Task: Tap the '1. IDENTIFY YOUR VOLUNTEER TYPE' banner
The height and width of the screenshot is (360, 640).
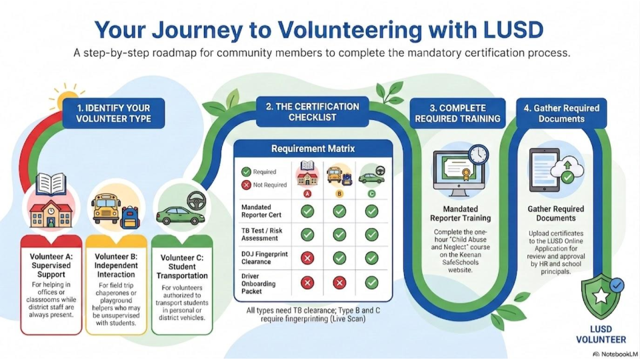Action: [x=113, y=113]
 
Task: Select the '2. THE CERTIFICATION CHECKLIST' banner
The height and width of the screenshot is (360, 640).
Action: [x=312, y=112]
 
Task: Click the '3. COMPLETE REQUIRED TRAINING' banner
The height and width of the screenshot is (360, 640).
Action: [x=457, y=113]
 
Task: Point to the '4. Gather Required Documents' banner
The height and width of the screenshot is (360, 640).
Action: [x=561, y=113]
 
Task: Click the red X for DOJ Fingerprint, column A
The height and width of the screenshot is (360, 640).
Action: [x=307, y=258]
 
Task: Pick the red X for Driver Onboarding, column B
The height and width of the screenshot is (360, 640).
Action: [x=339, y=283]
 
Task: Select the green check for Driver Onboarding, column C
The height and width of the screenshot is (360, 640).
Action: [x=371, y=283]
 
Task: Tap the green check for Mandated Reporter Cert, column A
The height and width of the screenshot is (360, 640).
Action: [x=307, y=211]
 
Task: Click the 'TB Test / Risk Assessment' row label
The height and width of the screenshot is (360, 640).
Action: [x=261, y=234]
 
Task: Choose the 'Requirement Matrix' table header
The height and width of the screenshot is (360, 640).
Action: [x=313, y=149]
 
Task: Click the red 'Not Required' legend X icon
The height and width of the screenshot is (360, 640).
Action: [x=246, y=185]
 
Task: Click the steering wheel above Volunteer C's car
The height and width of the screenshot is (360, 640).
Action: [x=196, y=201]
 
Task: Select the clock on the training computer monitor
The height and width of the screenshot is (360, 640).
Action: [x=478, y=155]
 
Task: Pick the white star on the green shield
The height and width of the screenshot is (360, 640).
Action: [x=601, y=296]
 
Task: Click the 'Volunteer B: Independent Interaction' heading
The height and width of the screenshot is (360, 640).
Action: [x=116, y=265]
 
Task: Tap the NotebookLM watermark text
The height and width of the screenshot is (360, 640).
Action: [x=615, y=354]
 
